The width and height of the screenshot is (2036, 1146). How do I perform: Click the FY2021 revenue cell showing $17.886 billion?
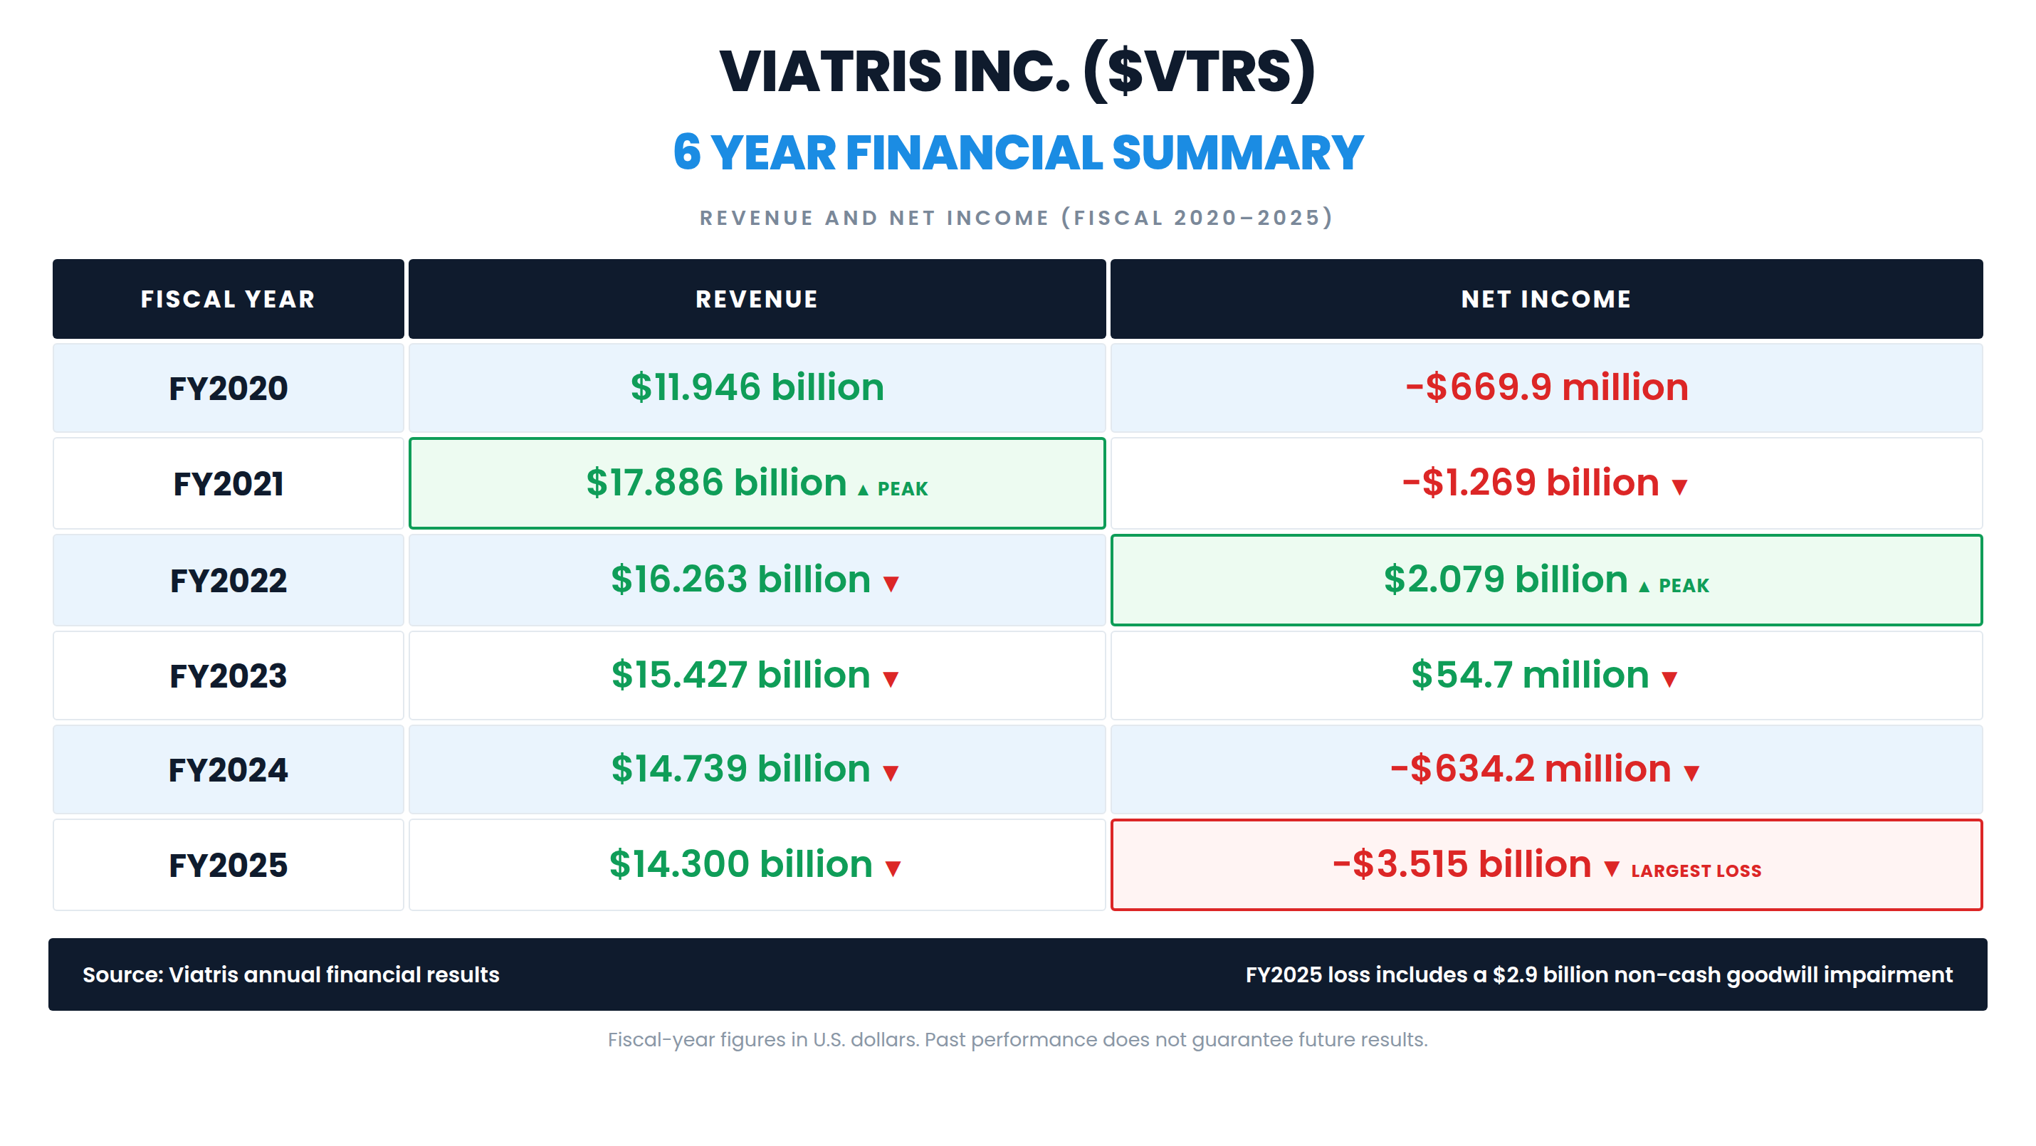click(x=757, y=483)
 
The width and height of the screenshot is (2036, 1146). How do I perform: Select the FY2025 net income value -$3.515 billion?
click(x=1462, y=864)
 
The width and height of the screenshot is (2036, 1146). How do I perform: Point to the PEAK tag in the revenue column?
click(x=902, y=488)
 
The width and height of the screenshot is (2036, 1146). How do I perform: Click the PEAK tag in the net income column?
click(x=1684, y=585)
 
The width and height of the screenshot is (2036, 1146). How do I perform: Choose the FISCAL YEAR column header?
click(x=228, y=299)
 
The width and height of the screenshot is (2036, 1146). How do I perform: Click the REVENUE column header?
click(x=757, y=299)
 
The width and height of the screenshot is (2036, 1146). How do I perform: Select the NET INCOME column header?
click(x=1546, y=299)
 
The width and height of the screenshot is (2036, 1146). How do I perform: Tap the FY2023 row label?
click(x=228, y=675)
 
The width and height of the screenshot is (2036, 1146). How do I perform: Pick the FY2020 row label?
click(x=228, y=388)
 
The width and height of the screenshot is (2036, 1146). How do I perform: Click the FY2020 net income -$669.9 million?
click(x=1547, y=387)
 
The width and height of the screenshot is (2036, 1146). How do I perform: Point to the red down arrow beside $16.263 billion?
click(x=891, y=584)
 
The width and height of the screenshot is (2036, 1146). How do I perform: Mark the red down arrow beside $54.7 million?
click(x=1669, y=679)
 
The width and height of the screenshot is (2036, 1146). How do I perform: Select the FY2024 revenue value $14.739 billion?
click(x=740, y=768)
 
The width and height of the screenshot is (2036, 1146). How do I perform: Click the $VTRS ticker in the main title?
click(x=1200, y=71)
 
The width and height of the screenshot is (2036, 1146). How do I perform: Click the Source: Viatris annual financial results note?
click(x=291, y=974)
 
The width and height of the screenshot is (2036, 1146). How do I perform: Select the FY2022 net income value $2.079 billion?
click(x=1505, y=579)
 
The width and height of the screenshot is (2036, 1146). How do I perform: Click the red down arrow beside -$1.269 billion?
click(x=1679, y=487)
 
